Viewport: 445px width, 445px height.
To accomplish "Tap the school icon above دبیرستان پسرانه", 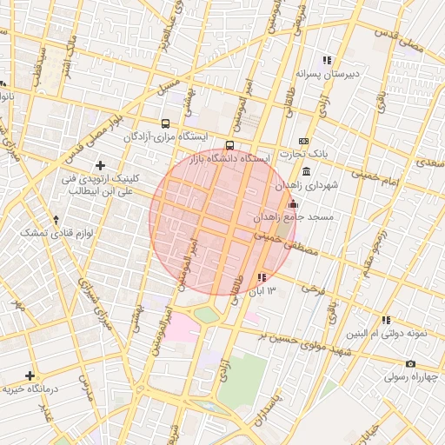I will coord(327,61).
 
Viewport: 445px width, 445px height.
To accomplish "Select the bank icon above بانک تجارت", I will coord(303,141).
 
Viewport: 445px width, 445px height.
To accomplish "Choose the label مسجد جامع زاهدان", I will coord(289,216).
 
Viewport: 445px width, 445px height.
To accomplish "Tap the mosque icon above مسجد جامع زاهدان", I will coord(292,204).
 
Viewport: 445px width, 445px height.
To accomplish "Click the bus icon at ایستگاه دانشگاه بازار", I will coord(229,145).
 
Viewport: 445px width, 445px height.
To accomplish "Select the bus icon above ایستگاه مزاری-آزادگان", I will coord(166,123).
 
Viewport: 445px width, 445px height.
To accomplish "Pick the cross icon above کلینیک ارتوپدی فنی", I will coord(101,165).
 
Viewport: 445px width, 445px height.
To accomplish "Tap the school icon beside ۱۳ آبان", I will coord(262,277).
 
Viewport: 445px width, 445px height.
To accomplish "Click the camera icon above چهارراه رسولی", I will coord(410,364).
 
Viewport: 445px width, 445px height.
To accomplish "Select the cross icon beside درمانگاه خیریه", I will coord(30,376).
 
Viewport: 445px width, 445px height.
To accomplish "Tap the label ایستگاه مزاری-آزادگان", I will coord(165,137).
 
